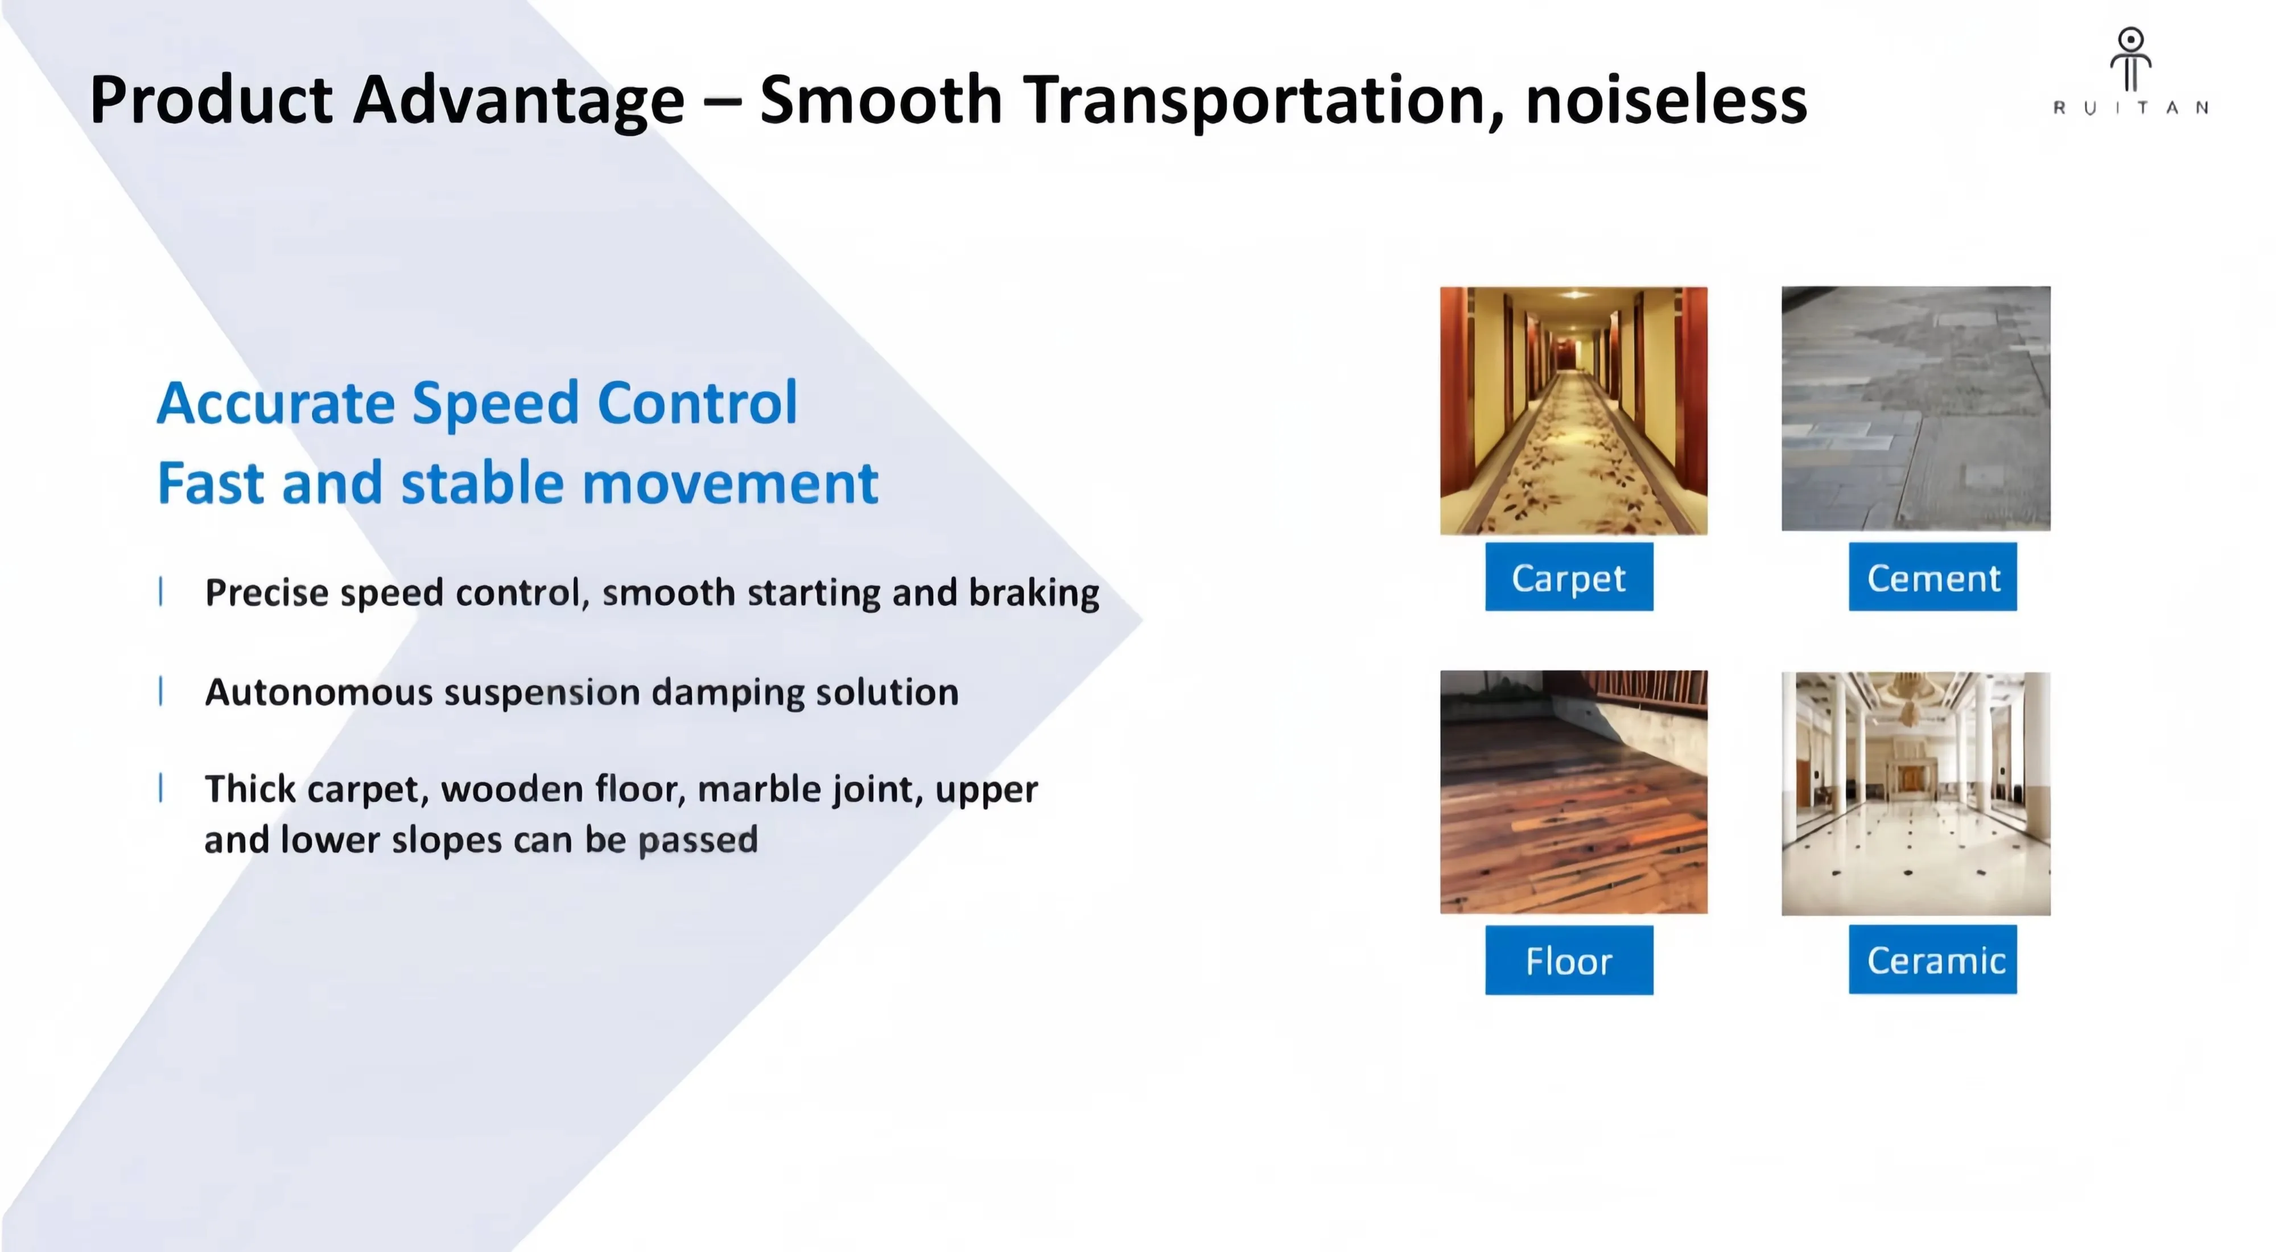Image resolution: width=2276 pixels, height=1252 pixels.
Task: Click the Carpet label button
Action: (1569, 577)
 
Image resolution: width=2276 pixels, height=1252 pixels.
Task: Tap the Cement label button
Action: (1933, 577)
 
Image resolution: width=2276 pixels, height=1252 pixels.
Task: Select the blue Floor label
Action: (1569, 961)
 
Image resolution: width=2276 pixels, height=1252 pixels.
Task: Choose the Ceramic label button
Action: (1933, 959)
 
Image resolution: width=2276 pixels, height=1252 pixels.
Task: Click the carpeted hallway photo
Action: (1574, 410)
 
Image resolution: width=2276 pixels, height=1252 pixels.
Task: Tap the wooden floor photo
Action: (1574, 792)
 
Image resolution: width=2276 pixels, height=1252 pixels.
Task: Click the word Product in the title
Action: (211, 99)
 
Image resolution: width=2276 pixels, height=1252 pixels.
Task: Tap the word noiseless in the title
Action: (1667, 100)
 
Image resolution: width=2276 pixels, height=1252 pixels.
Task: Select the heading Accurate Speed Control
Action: (477, 403)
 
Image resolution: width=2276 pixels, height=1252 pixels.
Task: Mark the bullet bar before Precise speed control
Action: (161, 591)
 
